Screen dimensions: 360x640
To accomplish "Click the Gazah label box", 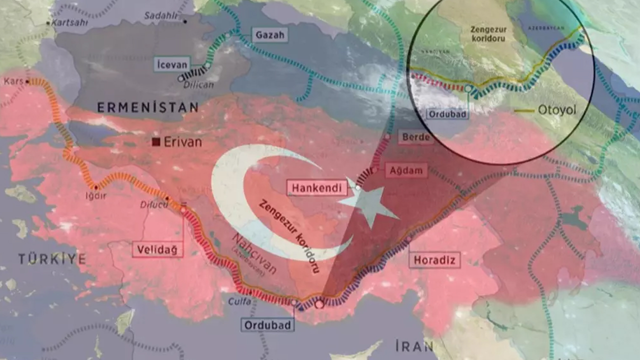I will pos(269,35).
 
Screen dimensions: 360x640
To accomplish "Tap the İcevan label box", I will pos(171,64).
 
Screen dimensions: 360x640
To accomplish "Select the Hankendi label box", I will pos(316,188).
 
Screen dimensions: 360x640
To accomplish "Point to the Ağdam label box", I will pos(406,170).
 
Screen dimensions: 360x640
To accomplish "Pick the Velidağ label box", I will pos(157,249).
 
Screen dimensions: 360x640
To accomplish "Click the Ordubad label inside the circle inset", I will pos(447,114).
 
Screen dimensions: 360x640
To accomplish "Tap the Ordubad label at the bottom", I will pos(268,324).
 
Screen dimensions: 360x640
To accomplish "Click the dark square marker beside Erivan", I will pos(156,142).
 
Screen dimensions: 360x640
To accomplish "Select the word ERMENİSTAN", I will pos(147,107).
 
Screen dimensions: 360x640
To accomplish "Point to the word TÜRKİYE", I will pos(52,258).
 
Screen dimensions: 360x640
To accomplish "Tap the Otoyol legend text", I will pos(557,110).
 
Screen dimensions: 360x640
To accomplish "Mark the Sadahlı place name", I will pos(161,15).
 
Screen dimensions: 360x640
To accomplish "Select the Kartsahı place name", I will pos(70,23).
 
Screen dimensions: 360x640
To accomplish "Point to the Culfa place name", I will pos(239,301).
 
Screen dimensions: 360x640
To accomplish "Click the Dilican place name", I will pos(199,84).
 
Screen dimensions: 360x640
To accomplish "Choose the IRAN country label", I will pos(414,346).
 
